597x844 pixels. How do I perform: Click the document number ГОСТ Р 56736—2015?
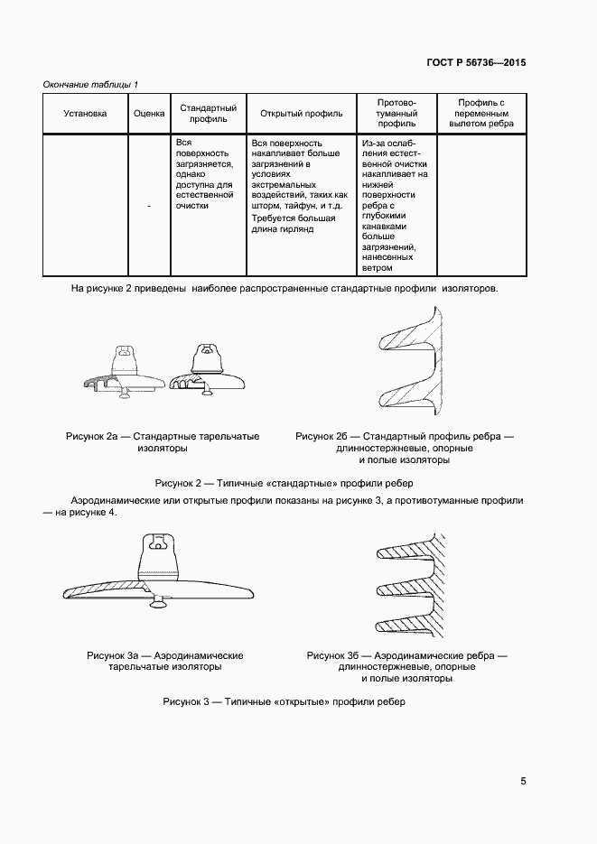475,63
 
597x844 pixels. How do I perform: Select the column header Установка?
85,114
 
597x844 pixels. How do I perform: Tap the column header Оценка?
149,114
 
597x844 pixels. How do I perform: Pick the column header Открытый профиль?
301,114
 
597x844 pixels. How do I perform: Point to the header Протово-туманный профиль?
396,114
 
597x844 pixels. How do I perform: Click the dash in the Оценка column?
149,207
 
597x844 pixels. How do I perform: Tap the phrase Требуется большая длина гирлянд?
294,224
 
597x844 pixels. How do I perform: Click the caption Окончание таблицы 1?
90,84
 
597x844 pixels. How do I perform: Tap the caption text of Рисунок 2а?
163,442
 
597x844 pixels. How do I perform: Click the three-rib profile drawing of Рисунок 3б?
406,587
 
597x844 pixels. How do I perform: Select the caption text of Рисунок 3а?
165,662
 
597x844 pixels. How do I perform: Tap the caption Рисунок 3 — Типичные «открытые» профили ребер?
285,701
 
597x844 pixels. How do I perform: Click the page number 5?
524,782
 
